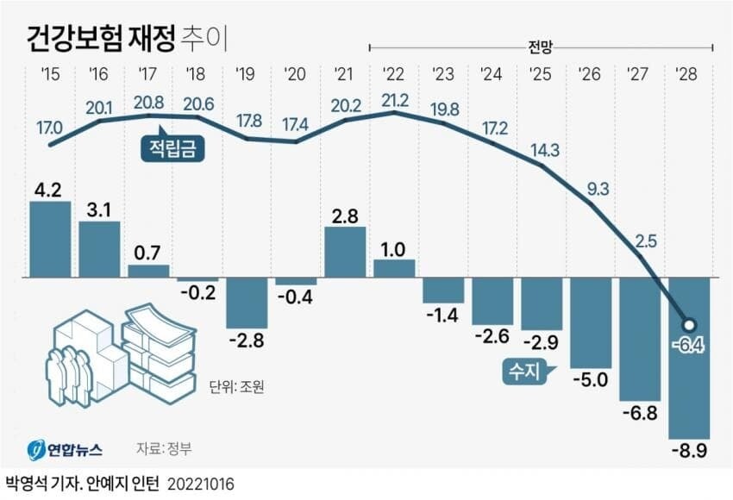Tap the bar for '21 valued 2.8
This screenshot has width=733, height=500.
click(x=345, y=253)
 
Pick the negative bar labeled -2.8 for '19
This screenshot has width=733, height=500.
click(x=247, y=303)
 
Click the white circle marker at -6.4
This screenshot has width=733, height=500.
click(x=689, y=326)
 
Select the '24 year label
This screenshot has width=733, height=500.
click(x=492, y=73)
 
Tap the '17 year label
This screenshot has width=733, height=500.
click(x=148, y=73)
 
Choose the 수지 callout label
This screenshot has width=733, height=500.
click(x=522, y=372)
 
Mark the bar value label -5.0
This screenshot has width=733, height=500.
click(x=592, y=379)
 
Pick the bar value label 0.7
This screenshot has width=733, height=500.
click(x=148, y=254)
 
